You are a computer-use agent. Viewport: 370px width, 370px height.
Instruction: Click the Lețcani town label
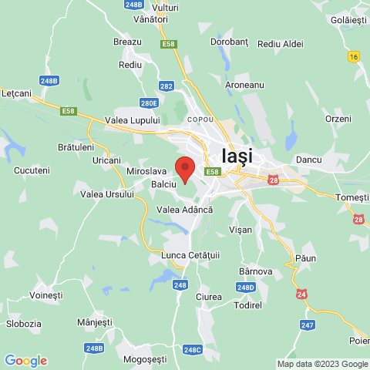(16, 92)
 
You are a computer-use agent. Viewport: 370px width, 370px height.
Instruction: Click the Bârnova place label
(256, 271)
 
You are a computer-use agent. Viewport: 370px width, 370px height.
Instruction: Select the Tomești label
(353, 198)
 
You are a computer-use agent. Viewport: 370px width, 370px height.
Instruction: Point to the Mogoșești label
(145, 359)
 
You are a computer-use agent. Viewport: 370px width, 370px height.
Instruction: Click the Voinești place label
(45, 295)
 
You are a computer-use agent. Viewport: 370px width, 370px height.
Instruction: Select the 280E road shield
(149, 103)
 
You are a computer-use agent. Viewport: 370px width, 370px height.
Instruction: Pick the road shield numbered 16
(354, 56)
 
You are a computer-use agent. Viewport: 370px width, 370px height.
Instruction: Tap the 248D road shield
(245, 288)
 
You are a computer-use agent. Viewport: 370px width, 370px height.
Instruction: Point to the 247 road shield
(308, 325)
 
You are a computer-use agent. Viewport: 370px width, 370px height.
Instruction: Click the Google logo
(25, 361)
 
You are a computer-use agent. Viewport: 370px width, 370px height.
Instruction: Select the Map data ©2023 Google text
(322, 364)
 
